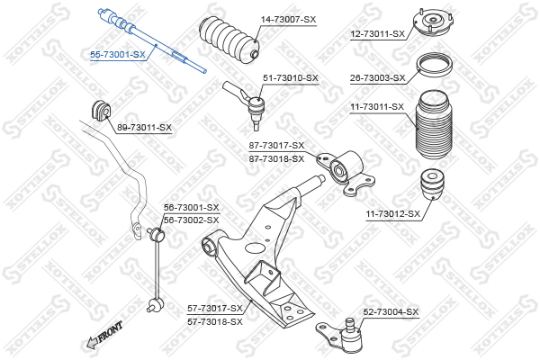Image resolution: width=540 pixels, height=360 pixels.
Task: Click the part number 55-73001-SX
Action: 117,54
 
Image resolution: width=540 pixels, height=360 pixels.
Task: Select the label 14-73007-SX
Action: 289,19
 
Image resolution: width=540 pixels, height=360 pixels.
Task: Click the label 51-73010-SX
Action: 291,78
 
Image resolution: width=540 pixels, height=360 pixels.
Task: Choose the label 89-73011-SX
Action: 144,128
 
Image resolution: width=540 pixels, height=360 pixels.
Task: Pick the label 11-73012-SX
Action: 392,214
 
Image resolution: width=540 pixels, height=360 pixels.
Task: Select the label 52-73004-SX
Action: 391,312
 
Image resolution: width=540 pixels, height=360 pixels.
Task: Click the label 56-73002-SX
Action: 191,220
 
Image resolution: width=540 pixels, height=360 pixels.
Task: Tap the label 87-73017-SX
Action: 276,146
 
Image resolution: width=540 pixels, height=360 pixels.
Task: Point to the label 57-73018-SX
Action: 215,320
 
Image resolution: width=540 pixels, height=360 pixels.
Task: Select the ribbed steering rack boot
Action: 229,40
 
